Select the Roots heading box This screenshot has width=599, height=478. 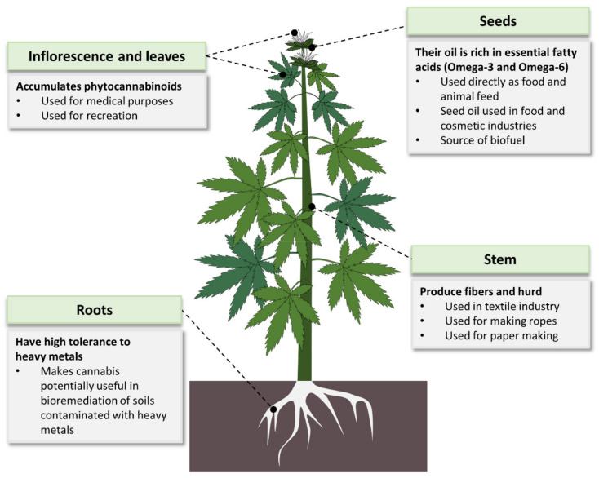click(x=93, y=310)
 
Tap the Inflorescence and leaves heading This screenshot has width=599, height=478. click(x=105, y=57)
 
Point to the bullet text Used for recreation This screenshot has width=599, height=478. click(x=89, y=116)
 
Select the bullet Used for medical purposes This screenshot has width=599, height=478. click(x=103, y=101)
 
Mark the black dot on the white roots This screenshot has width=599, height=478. click(x=274, y=409)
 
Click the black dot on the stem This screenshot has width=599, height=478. click(x=312, y=206)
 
